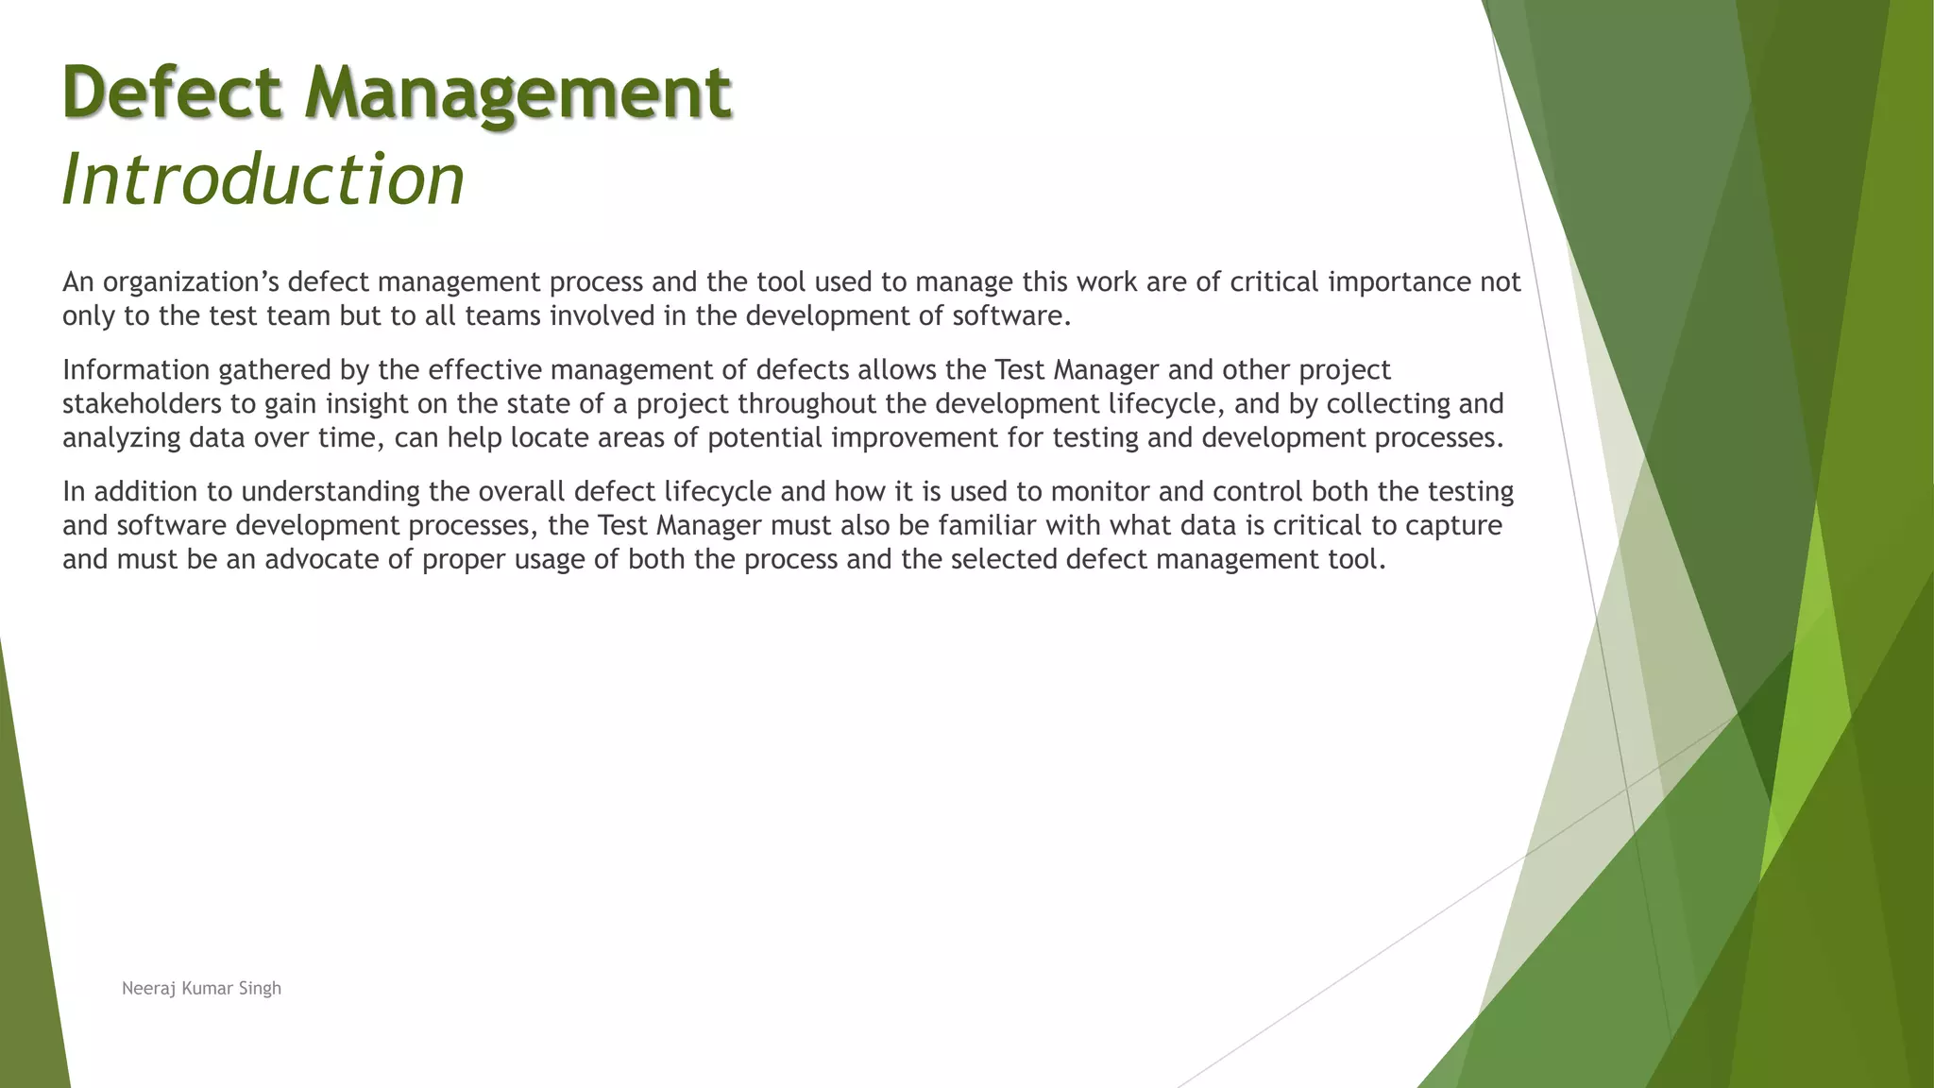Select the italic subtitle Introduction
(x=263, y=178)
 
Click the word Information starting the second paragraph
(x=136, y=370)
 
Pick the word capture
(x=1453, y=526)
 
